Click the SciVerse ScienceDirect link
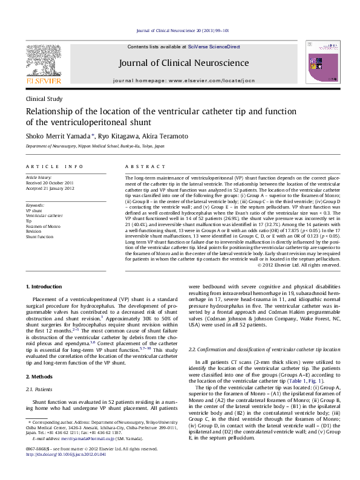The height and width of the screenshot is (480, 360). [214, 47]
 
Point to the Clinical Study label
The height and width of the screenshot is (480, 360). [44, 98]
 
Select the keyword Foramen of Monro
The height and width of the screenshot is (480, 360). [44, 226]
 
